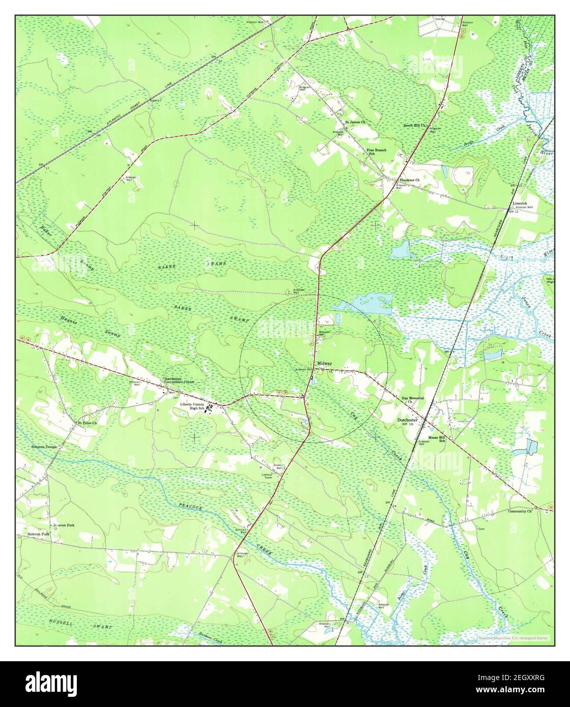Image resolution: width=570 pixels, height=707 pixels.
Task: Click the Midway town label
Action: [324, 364]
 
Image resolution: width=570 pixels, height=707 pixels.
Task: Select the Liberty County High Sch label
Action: [192, 406]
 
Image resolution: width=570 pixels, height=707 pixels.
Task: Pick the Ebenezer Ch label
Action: [409, 180]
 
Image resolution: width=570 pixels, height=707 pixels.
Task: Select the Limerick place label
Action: [523, 202]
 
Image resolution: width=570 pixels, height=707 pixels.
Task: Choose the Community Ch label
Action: [520, 511]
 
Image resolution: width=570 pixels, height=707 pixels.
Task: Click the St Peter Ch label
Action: [87, 423]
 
